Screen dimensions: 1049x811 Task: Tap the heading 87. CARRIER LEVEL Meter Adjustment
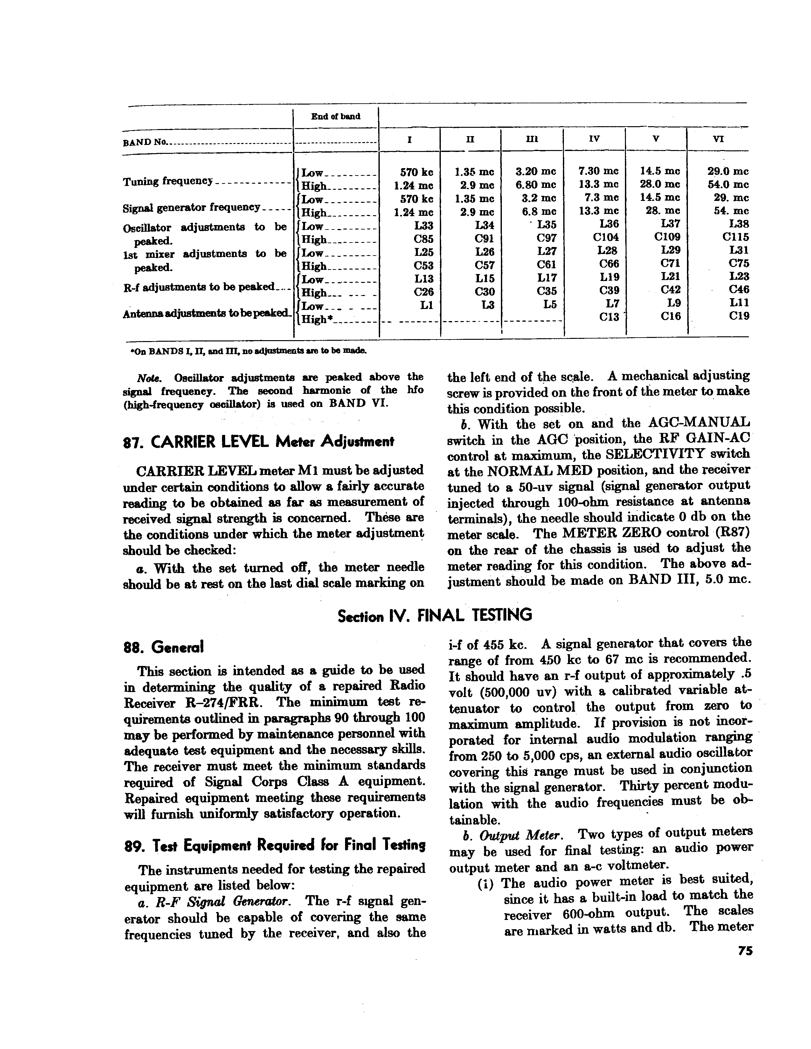click(259, 442)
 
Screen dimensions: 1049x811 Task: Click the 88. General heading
click(164, 648)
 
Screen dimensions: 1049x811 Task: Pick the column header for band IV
click(594, 139)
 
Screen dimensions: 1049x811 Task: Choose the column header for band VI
click(718, 139)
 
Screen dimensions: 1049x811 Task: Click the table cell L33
click(423, 224)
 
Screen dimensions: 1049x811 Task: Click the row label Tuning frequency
click(168, 182)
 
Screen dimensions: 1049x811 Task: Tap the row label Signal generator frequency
click(191, 208)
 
